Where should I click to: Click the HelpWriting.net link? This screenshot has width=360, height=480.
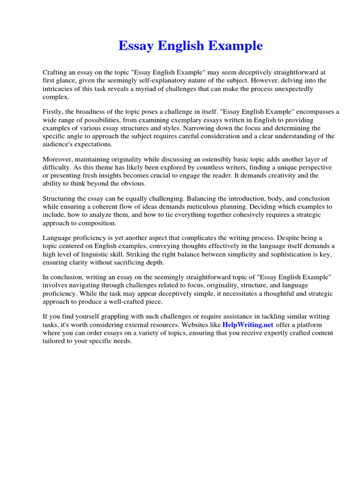[248, 325]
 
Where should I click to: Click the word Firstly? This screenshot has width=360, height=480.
[53, 112]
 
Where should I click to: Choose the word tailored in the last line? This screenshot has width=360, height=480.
[54, 341]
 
